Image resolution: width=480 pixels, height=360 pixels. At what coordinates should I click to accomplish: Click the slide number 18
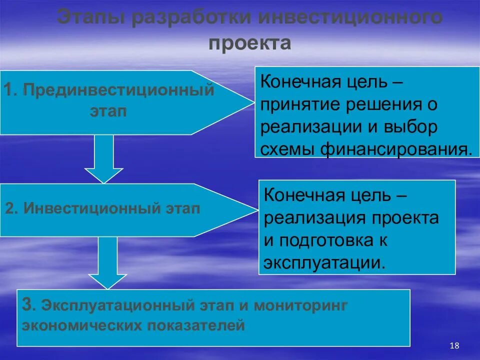click(454, 345)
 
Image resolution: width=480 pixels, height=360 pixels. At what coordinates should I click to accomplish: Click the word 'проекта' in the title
click(249, 43)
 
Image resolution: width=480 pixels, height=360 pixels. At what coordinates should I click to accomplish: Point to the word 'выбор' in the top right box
click(412, 126)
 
